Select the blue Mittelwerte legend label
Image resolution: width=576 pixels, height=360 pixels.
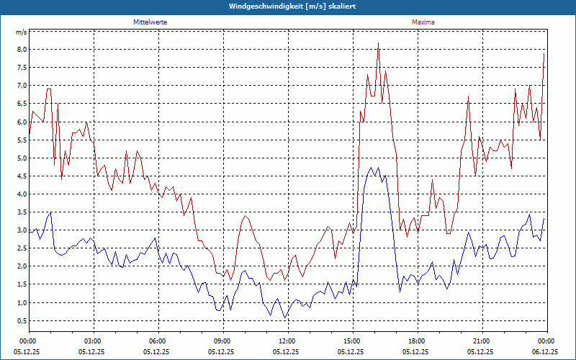(150, 22)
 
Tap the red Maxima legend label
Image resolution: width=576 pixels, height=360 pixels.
(423, 22)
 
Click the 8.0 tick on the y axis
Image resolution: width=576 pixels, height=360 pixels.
(22, 50)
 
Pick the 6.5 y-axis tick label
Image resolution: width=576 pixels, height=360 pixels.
(22, 104)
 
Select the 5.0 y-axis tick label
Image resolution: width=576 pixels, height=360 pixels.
(22, 158)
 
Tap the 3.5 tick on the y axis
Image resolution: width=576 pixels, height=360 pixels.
(22, 212)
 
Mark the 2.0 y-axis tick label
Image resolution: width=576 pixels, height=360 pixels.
(22, 266)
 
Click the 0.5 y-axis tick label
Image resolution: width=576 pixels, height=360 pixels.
(22, 321)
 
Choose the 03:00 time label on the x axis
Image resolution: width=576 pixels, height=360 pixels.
(92, 341)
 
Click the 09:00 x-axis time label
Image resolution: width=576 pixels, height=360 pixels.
(222, 341)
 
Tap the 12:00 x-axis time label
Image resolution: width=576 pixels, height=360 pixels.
(287, 341)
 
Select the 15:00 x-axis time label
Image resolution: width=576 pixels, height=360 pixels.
(351, 341)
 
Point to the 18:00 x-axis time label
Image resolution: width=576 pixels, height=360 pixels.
(416, 341)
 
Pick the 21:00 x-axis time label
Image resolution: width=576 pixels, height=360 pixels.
(481, 341)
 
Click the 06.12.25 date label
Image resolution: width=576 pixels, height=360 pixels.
(546, 352)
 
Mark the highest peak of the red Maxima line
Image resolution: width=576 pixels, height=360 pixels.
(378, 43)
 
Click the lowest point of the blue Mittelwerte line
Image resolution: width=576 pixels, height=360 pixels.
(284, 318)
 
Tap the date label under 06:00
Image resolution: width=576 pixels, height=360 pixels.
(157, 352)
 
